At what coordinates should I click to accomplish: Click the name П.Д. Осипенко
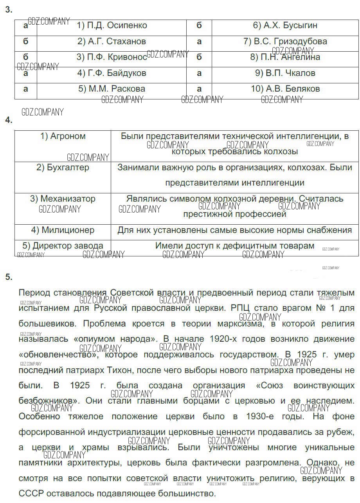tap(112, 25)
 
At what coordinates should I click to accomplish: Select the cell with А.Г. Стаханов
tap(112, 41)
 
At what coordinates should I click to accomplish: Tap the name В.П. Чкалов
tap(285, 73)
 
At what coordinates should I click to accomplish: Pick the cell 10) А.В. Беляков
tap(285, 89)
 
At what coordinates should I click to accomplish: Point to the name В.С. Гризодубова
tap(285, 41)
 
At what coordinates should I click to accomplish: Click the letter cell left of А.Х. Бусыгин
tap(199, 25)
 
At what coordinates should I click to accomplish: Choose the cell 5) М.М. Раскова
tap(112, 89)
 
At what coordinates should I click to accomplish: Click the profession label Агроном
tap(63, 136)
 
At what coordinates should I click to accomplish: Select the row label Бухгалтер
tap(63, 168)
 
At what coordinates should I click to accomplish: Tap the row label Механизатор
tap(63, 199)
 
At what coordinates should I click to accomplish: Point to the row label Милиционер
tap(63, 230)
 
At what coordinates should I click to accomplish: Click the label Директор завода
tap(63, 246)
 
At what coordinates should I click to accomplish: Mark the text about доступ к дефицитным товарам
tap(235, 246)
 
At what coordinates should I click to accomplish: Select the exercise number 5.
tap(9, 277)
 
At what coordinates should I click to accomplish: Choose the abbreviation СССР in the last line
tap(31, 494)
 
